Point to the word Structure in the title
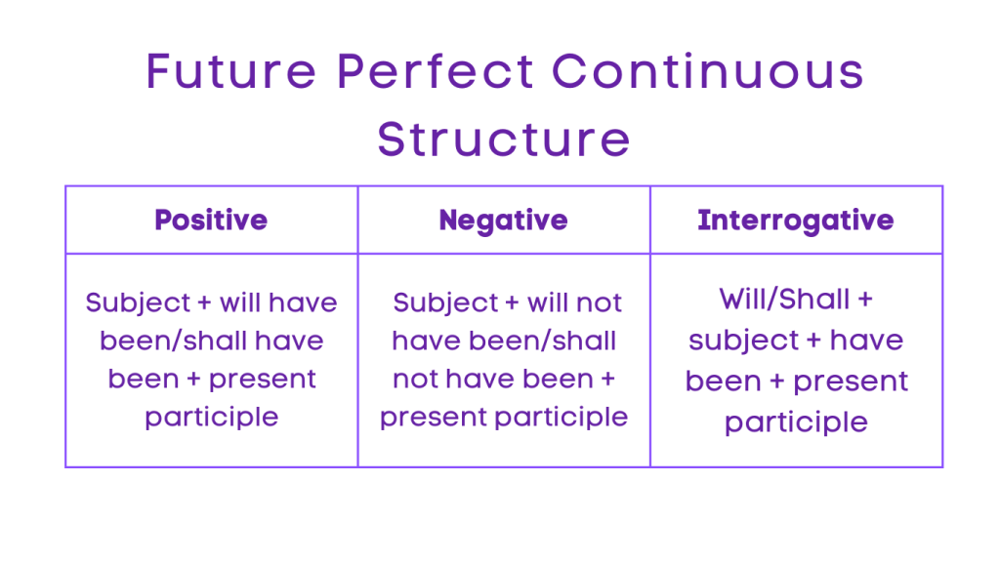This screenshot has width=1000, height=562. coord(504,139)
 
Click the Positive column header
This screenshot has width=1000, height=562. coord(211,221)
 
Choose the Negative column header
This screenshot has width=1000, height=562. coord(503,221)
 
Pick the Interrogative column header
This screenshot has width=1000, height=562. coord(795,221)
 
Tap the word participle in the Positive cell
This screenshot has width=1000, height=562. coord(211,418)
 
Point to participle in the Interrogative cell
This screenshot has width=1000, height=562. coord(796,421)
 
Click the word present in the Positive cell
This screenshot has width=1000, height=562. coord(262,379)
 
